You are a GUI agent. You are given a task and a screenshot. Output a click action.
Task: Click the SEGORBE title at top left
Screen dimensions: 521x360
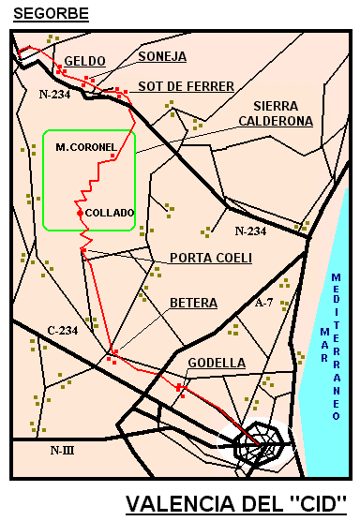pyautogui.click(x=52, y=13)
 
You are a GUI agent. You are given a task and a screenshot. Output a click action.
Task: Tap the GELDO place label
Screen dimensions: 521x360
pyautogui.click(x=84, y=61)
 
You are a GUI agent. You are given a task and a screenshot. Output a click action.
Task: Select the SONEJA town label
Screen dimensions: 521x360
pyautogui.click(x=162, y=56)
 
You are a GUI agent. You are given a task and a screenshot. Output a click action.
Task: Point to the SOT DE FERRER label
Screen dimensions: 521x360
pyautogui.click(x=186, y=86)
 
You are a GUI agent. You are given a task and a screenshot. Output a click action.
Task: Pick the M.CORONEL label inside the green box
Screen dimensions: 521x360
pyautogui.click(x=85, y=147)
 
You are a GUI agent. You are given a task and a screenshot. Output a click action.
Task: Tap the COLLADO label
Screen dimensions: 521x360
pyautogui.click(x=110, y=213)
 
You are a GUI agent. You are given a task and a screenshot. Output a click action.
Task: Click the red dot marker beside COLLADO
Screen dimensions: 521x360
pyautogui.click(x=79, y=214)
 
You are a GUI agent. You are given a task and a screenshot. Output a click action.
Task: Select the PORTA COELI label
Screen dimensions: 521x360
pyautogui.click(x=211, y=258)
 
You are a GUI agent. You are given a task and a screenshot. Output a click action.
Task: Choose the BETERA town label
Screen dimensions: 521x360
pyautogui.click(x=193, y=303)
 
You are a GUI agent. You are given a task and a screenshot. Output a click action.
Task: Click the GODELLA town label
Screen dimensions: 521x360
pyautogui.click(x=217, y=363)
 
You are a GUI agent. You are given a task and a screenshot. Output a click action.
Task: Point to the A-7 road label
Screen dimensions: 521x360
pyautogui.click(x=265, y=303)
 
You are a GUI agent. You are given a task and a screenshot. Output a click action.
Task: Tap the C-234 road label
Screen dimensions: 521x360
pyautogui.click(x=62, y=330)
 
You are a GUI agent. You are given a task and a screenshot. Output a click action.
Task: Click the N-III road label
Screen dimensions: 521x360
pyautogui.click(x=62, y=451)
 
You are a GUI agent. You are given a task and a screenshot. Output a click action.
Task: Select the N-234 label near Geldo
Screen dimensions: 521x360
pyautogui.click(x=55, y=95)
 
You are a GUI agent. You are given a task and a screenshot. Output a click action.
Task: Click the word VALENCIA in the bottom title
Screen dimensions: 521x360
pyautogui.click(x=184, y=503)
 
